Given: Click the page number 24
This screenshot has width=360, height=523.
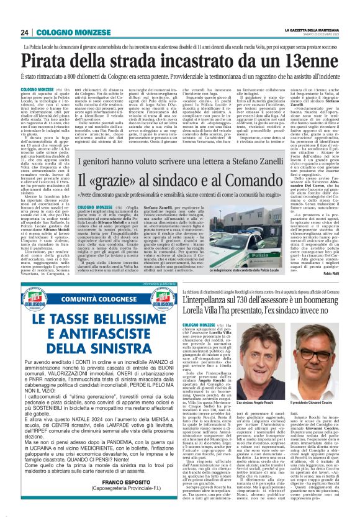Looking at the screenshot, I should tap(25, 32).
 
